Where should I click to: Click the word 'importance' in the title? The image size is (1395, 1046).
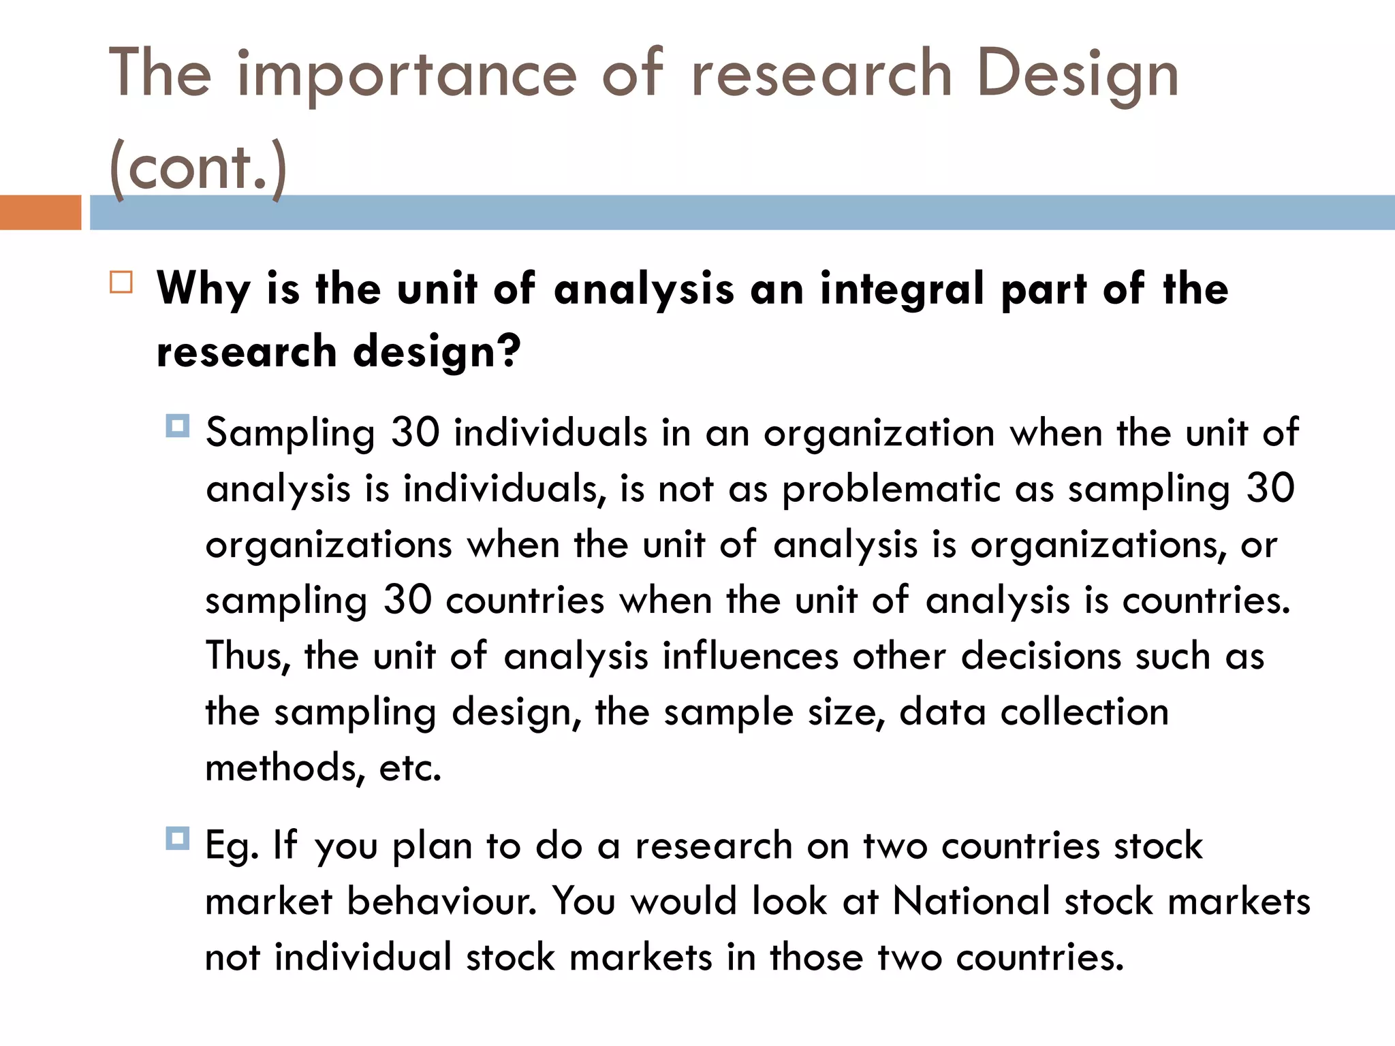click(407, 76)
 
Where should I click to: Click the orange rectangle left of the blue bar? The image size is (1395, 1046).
click(40, 212)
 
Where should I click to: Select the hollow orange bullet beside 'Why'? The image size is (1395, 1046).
click(121, 282)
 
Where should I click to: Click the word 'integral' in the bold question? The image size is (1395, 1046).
click(903, 289)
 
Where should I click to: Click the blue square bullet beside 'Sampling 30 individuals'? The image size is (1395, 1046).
click(178, 426)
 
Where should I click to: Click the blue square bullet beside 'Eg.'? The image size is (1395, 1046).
click(178, 838)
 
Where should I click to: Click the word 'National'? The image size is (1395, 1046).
click(971, 902)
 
